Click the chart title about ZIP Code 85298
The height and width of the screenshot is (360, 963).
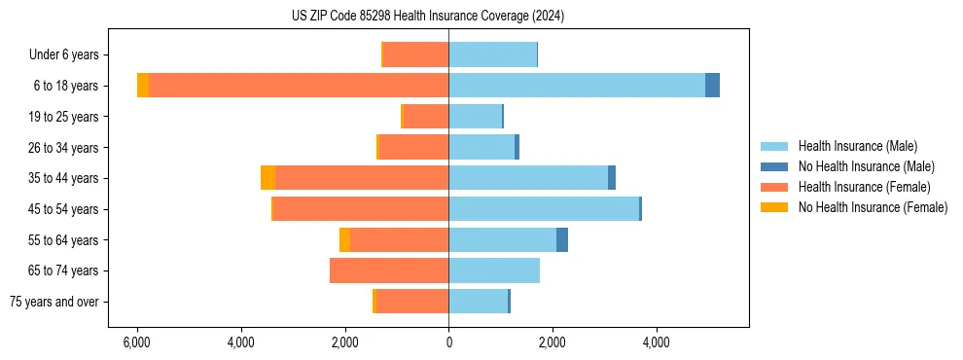tap(428, 17)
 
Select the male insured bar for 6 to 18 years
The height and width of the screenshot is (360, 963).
tap(577, 86)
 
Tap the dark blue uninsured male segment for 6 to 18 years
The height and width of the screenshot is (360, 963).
tap(712, 86)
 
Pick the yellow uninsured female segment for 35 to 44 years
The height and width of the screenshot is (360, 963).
tap(267, 178)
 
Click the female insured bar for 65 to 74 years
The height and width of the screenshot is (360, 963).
tap(389, 270)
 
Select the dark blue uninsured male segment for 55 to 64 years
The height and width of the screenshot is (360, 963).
tap(562, 240)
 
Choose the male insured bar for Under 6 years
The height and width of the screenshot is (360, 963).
tap(492, 54)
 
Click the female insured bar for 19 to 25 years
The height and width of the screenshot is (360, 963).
tap(425, 117)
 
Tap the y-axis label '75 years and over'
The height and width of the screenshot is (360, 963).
tap(54, 302)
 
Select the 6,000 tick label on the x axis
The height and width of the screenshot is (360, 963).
tap(137, 342)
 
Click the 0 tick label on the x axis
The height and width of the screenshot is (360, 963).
tap(448, 342)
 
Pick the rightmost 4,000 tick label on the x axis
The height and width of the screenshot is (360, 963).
tap(656, 342)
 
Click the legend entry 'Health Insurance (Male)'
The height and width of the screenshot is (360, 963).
tap(857, 146)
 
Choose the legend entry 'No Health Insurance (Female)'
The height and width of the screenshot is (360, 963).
tap(873, 207)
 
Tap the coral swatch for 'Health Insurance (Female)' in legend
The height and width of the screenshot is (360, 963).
tap(774, 187)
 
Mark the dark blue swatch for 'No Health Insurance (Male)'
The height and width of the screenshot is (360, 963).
tap(774, 166)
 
